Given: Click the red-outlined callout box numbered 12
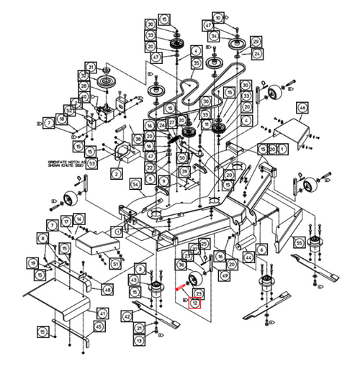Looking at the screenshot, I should [x=194, y=303].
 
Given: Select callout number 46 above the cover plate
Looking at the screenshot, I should [x=302, y=108].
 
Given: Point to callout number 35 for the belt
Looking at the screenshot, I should [x=196, y=64].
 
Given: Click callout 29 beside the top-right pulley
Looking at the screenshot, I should [x=256, y=42].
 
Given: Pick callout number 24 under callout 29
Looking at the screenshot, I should [x=258, y=54].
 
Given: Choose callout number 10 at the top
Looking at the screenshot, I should [x=218, y=17].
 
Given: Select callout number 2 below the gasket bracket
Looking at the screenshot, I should [x=115, y=174].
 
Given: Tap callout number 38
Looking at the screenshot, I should [x=138, y=138].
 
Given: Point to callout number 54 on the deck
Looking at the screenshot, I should [x=134, y=185].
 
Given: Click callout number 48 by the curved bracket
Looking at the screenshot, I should [x=107, y=289].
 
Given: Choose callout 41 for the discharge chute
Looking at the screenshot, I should [x=102, y=314].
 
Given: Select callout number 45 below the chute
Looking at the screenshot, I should [x=99, y=326].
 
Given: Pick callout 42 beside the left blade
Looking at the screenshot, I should [x=127, y=316].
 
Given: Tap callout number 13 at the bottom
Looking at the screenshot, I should [x=138, y=339].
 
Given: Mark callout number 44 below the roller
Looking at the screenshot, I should [x=248, y=257].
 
